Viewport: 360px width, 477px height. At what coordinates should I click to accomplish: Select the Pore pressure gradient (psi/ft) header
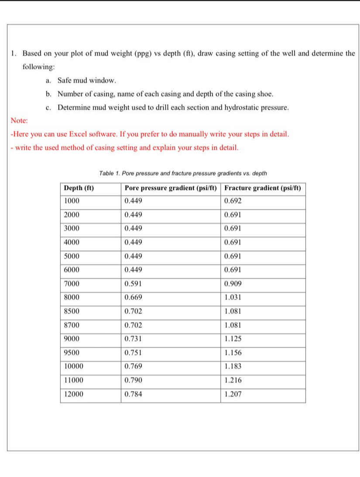click(171, 188)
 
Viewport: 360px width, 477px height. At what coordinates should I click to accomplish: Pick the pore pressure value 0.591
click(133, 284)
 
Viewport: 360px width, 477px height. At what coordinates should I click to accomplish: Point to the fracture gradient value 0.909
click(233, 284)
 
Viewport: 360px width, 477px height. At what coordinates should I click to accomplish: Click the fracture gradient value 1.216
click(233, 380)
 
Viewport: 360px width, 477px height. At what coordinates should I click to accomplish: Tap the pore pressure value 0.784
click(133, 394)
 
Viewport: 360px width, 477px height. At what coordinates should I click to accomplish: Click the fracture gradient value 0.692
click(233, 201)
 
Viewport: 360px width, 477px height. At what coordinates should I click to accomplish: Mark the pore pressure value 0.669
click(133, 298)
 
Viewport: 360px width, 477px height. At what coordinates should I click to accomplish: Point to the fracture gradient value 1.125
click(233, 339)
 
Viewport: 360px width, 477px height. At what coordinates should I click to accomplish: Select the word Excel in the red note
click(76, 134)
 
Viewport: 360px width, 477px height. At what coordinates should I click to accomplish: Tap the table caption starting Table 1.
click(183, 173)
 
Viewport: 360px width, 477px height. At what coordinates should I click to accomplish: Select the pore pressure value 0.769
click(133, 367)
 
